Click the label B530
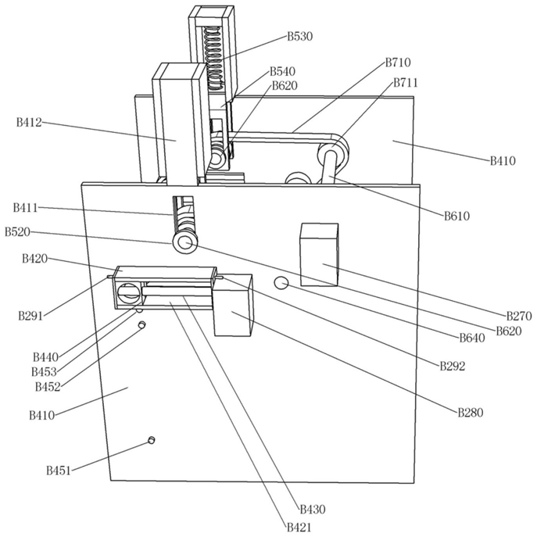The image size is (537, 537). pyautogui.click(x=299, y=36)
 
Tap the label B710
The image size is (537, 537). pyautogui.click(x=398, y=63)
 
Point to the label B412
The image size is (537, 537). pyautogui.click(x=29, y=122)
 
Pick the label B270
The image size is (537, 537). pyautogui.click(x=519, y=316)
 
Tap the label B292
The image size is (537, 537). pyautogui.click(x=453, y=365)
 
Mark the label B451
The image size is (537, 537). pyautogui.click(x=59, y=470)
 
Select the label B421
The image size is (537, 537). pyautogui.click(x=299, y=528)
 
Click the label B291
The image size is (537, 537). pyautogui.click(x=31, y=316)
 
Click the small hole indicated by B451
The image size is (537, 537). pyautogui.click(x=152, y=441)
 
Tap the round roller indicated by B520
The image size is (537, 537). pyautogui.click(x=185, y=244)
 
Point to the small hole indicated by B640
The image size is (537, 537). pyautogui.click(x=282, y=282)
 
